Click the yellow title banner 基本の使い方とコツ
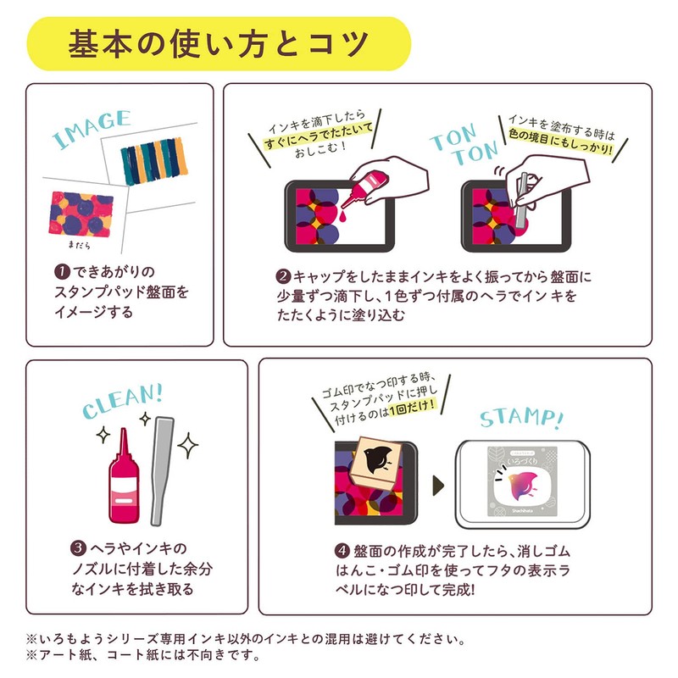coord(219,42)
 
